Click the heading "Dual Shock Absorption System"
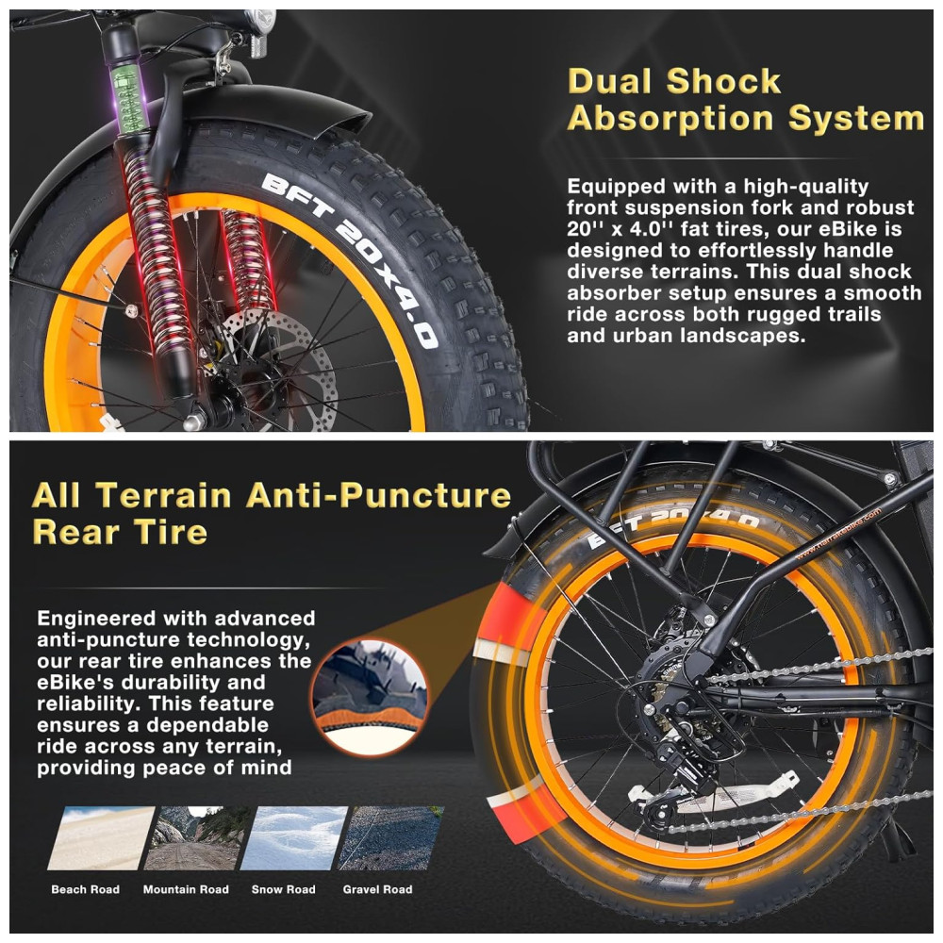pyautogui.click(x=746, y=100)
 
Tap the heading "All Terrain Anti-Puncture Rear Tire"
pyautogui.click(x=272, y=514)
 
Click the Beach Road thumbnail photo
pyautogui.click(x=101, y=837)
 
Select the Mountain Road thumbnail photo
pyautogui.click(x=198, y=837)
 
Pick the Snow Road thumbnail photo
pyautogui.click(x=294, y=837)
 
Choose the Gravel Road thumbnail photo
pyautogui.click(x=391, y=837)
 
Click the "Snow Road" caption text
pyautogui.click(x=283, y=889)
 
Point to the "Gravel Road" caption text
pyautogui.click(x=378, y=889)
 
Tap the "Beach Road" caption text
pyautogui.click(x=86, y=889)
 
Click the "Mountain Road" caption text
pyautogui.click(x=186, y=889)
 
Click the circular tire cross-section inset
pyautogui.click(x=371, y=698)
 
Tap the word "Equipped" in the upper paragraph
pyautogui.click(x=615, y=187)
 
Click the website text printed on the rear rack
pyautogui.click(x=837, y=534)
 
